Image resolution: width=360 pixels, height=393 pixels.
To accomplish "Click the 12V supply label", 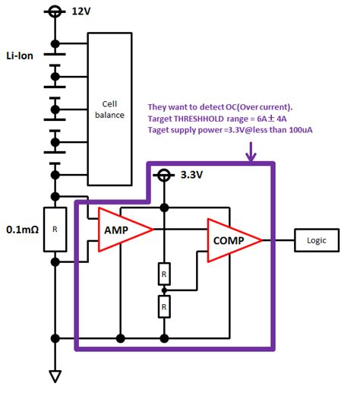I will point(81,12).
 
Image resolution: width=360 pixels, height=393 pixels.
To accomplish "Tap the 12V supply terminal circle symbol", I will point(55,12).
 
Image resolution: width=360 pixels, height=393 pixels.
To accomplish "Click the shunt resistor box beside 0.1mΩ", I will point(55,228).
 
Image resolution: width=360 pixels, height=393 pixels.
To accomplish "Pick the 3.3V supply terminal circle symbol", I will point(164,176).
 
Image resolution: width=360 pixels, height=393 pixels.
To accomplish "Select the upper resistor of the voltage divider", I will point(164,271).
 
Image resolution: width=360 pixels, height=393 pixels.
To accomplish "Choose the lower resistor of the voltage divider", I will point(164,307).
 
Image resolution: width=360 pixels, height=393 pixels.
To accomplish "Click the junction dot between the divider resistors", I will point(164,290).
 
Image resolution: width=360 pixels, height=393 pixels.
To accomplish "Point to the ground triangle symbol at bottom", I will point(55,376).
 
